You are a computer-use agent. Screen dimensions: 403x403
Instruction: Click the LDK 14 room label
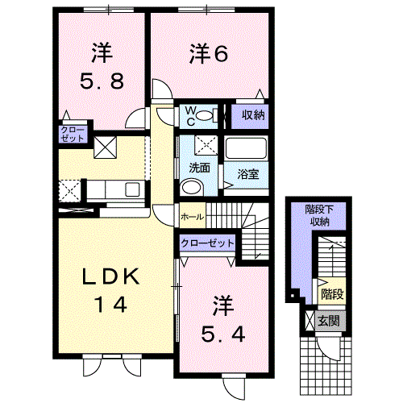pyautogui.click(x=110, y=290)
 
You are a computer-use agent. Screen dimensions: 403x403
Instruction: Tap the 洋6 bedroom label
pyautogui.click(x=209, y=54)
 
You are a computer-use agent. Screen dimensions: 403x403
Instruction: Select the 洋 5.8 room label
pyautogui.click(x=102, y=66)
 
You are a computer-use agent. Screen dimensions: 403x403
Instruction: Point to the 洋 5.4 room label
pyautogui.click(x=223, y=319)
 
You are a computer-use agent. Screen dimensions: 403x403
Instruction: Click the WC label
pyautogui.click(x=191, y=116)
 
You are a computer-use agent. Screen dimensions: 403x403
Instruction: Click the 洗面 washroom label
pyautogui.click(x=199, y=168)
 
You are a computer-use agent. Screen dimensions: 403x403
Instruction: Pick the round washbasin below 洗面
pyautogui.click(x=192, y=186)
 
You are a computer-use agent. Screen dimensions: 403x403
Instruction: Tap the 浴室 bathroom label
pyautogui.click(x=248, y=174)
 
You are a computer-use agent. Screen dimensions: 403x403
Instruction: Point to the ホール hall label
pyautogui.click(x=193, y=217)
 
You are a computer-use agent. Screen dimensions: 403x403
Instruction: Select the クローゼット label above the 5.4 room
pyautogui.click(x=207, y=243)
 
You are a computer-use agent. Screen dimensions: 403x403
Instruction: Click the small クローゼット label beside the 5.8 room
pyautogui.click(x=73, y=135)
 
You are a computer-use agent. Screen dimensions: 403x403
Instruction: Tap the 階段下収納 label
pyautogui.click(x=319, y=215)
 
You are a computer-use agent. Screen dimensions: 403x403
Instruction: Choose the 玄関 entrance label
pyautogui.click(x=329, y=321)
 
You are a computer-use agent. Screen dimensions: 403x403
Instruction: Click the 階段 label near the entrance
pyautogui.click(x=333, y=294)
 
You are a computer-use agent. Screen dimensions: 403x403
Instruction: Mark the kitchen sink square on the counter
pyautogui.click(x=132, y=189)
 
